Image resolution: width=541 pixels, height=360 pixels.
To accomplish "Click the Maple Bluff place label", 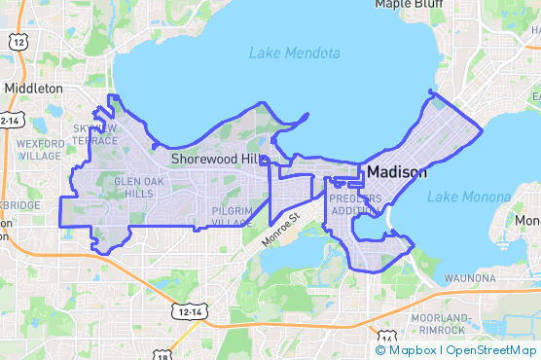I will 409,5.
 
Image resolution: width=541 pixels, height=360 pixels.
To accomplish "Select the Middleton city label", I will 33,88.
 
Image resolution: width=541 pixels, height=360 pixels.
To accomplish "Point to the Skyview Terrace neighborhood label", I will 94,134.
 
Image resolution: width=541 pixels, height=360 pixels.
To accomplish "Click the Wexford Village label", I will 40,150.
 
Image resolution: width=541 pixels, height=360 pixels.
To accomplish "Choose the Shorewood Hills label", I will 217,159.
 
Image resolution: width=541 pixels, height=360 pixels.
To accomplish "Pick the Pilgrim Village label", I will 232,216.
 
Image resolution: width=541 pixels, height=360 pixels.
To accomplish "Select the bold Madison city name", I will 396,172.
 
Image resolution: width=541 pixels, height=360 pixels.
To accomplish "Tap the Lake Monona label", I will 469,197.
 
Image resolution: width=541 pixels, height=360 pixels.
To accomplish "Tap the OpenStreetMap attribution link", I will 491,350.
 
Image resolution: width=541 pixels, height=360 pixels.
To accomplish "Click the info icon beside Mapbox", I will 380,350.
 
